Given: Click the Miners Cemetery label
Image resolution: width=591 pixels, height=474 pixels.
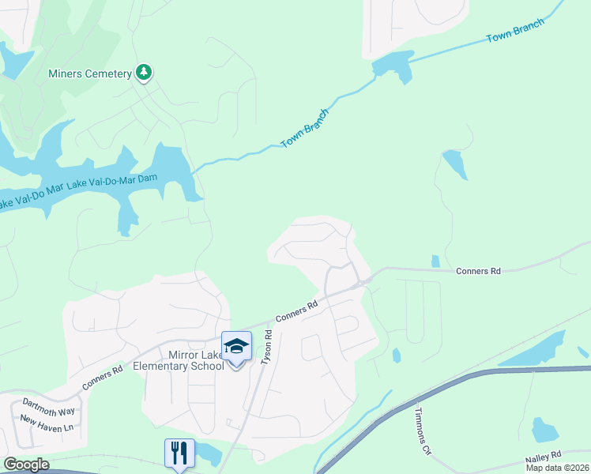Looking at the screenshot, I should click(89, 74).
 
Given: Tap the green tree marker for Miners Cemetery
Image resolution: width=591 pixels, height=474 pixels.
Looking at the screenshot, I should click(143, 73).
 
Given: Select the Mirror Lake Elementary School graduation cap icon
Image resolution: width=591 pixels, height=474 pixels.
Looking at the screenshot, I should click(235, 346).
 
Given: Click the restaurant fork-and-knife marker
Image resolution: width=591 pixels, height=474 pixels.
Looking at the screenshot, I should click(179, 453).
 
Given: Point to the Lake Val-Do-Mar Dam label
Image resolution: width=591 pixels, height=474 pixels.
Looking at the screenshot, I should click(113, 181).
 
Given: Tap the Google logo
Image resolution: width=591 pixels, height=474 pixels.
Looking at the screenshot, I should click(25, 465).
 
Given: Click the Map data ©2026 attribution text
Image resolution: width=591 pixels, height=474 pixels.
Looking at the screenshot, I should click(558, 468).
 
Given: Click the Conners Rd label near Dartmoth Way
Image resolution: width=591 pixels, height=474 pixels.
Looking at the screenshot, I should click(103, 379).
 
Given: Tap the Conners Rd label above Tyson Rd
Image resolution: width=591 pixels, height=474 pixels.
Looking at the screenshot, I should click(296, 310).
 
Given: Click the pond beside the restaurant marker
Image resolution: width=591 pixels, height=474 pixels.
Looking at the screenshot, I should click(209, 453).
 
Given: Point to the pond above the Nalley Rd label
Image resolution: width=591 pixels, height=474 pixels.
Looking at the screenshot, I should click(544, 431).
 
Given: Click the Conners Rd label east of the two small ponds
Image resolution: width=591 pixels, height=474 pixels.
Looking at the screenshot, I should click(479, 271).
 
